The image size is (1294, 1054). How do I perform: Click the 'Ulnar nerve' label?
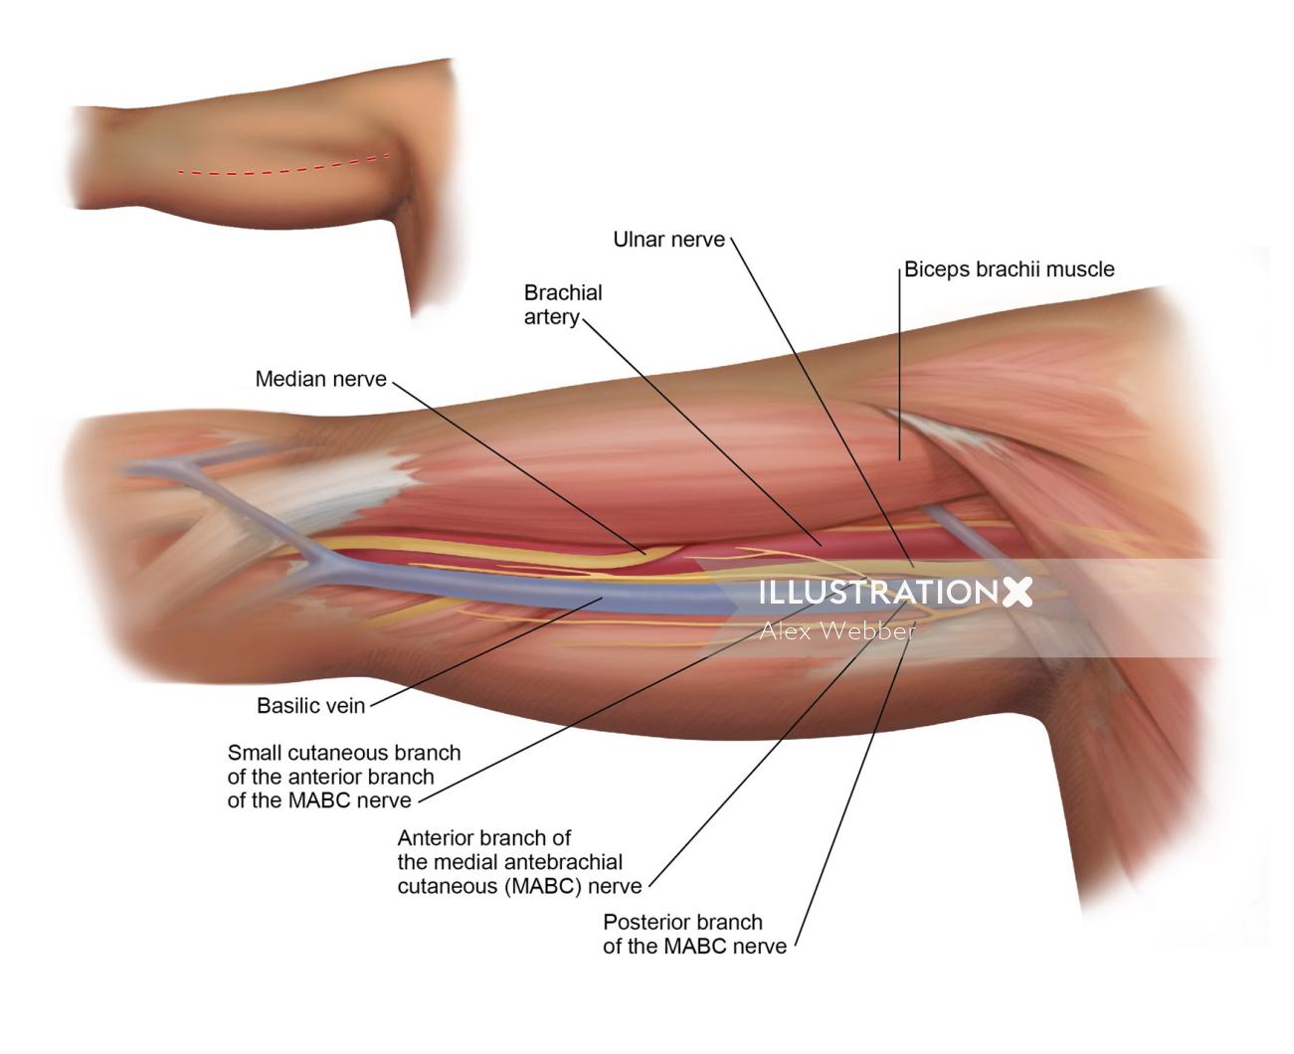[x=668, y=240]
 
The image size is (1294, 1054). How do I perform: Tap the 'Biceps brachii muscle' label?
[x=1010, y=269]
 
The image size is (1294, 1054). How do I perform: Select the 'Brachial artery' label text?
[x=563, y=305]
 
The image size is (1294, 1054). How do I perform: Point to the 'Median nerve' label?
[x=321, y=379]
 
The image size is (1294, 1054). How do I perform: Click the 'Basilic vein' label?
[x=311, y=706]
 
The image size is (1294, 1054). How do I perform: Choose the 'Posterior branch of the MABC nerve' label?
[x=694, y=934]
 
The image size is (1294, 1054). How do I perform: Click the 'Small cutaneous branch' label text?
[x=344, y=753]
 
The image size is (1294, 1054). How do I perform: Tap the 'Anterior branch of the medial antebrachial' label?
[x=510, y=850]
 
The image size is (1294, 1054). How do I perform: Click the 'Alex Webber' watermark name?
[x=837, y=631]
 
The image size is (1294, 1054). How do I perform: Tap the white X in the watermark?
[x=1017, y=592]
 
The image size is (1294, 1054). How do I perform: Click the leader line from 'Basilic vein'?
[x=486, y=651]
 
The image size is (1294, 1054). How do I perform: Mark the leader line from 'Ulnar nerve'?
[x=822, y=402]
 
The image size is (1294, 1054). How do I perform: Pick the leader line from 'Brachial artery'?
[x=701, y=432]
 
